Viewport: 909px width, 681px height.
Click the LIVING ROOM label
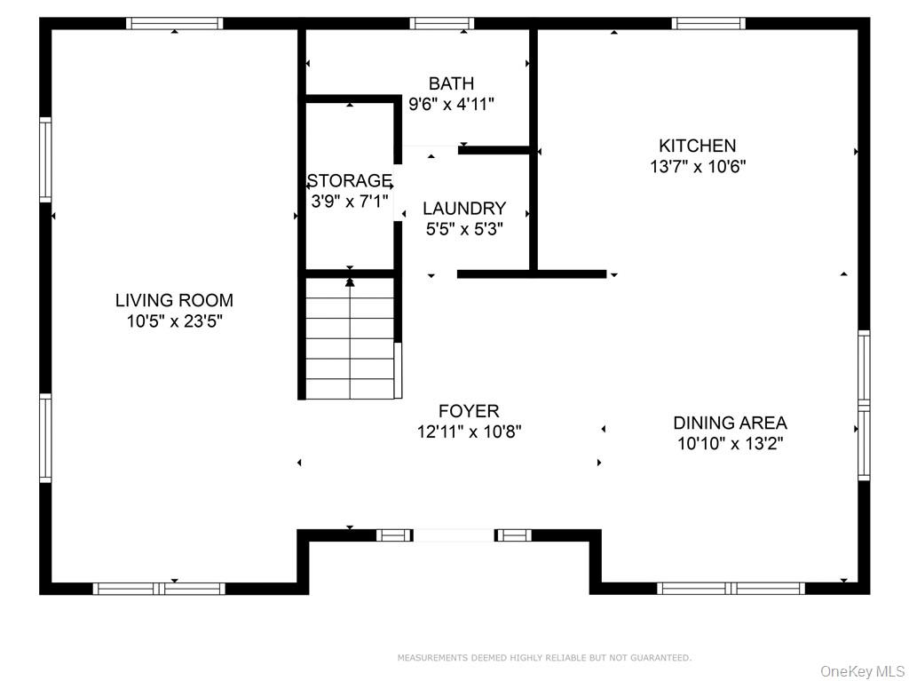[x=174, y=300]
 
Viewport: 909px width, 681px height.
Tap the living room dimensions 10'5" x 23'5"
[x=174, y=321]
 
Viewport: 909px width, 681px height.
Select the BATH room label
[x=451, y=83]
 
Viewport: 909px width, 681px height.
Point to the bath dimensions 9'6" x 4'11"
[x=451, y=104]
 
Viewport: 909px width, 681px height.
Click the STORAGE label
[x=349, y=181]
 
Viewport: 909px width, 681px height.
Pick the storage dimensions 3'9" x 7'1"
[x=349, y=202]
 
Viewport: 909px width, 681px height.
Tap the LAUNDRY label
[x=464, y=208]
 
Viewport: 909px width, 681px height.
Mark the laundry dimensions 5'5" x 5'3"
[x=464, y=229]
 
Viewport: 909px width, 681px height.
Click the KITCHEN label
[x=697, y=146]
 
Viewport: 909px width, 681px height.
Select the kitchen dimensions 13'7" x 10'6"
[x=697, y=166]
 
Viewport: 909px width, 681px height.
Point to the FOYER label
[x=469, y=411]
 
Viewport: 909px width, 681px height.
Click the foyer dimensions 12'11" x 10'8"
[x=469, y=432]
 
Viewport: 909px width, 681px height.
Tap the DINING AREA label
[x=730, y=423]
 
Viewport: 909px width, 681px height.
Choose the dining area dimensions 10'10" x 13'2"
[x=730, y=444]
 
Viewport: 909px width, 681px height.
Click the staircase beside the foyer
[x=352, y=337]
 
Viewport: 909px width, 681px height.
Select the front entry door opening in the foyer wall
[x=454, y=535]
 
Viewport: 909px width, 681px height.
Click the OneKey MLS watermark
[x=862, y=670]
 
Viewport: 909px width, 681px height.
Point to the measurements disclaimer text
[x=543, y=658]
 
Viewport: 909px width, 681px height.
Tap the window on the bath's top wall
[x=441, y=24]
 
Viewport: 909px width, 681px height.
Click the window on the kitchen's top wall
[x=708, y=24]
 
